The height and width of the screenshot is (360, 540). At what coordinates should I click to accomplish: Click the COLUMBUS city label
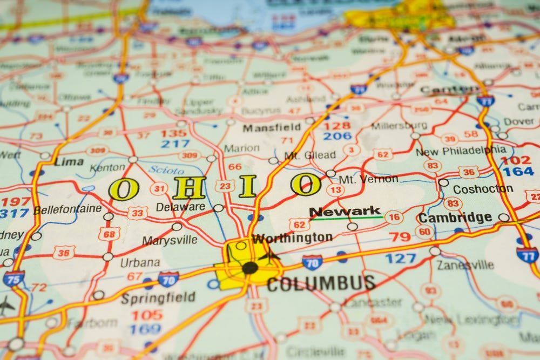coord(321,283)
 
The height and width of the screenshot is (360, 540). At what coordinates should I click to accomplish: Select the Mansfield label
coord(272,128)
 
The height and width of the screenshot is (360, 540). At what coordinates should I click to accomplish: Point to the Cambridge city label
coord(455,218)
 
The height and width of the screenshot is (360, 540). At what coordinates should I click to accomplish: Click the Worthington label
coord(292,238)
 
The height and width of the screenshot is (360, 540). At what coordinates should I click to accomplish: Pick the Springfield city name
coord(158,298)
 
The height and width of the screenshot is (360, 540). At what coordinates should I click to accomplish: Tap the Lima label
coord(69,161)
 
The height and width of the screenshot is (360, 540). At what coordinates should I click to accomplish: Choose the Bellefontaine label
coord(67,209)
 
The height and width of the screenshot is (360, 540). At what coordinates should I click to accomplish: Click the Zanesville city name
coord(465,264)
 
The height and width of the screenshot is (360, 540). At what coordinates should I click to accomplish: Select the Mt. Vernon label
coord(368,179)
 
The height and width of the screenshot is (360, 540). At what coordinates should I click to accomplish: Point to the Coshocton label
coord(483,189)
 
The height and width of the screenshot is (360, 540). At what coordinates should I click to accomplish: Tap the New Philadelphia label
coord(461,151)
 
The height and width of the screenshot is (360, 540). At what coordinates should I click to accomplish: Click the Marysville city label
coord(170,240)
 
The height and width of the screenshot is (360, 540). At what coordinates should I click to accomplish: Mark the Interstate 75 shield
coord(13,279)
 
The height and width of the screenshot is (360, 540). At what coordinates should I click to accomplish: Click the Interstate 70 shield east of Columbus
coord(312,262)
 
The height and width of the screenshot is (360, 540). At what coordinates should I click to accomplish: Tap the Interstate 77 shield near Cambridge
coord(527,255)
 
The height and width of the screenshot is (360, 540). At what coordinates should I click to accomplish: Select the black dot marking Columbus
coord(250,268)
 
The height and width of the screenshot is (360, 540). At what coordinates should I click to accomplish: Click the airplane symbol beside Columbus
coord(269,255)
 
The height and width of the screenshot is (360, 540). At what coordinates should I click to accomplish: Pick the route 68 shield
coord(109,233)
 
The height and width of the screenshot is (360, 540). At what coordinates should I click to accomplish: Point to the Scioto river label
coord(166,170)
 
